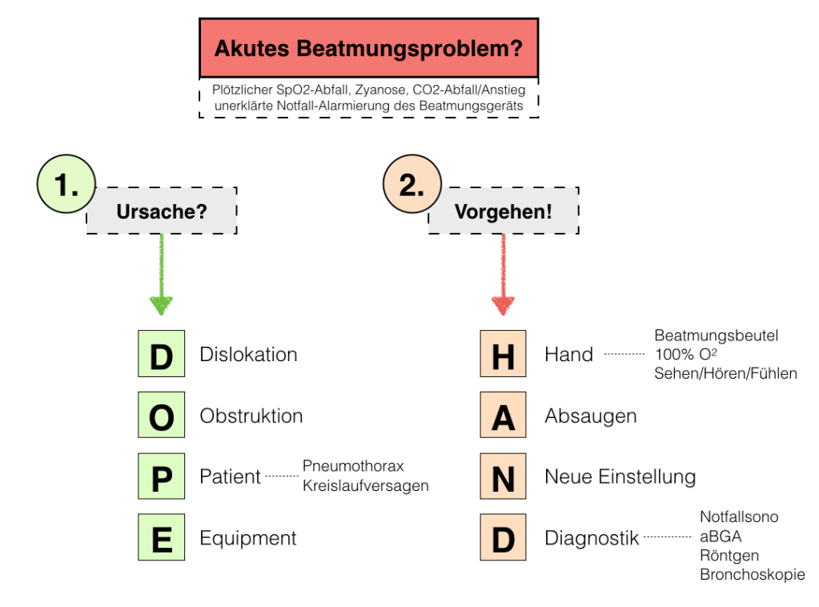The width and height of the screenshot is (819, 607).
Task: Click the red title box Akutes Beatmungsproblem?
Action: click(x=368, y=48)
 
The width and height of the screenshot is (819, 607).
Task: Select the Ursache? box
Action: click(x=162, y=211)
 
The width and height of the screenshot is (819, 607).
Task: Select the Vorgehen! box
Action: click(x=503, y=211)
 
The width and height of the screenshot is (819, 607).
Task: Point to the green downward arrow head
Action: click(x=162, y=304)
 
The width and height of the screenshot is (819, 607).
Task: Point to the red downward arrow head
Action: click(x=503, y=304)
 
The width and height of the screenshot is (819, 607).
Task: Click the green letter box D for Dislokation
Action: click(x=161, y=354)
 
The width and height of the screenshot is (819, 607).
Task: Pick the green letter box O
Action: click(x=161, y=416)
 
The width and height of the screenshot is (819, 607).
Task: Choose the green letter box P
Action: click(x=161, y=476)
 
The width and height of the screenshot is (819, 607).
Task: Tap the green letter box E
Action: click(x=161, y=537)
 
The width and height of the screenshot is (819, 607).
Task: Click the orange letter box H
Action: click(x=503, y=354)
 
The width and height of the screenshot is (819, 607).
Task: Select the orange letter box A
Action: click(x=503, y=416)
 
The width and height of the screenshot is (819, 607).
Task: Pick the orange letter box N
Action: click(x=503, y=476)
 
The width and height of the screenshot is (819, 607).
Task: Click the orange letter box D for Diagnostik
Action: click(x=503, y=537)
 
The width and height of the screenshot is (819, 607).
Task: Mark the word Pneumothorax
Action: click(x=353, y=466)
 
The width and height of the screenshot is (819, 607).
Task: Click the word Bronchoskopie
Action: click(x=752, y=574)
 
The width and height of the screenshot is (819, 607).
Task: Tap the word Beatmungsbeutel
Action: click(x=716, y=336)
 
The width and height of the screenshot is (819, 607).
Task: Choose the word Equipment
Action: click(x=248, y=538)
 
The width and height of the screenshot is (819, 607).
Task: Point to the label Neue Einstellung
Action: click(x=620, y=477)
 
